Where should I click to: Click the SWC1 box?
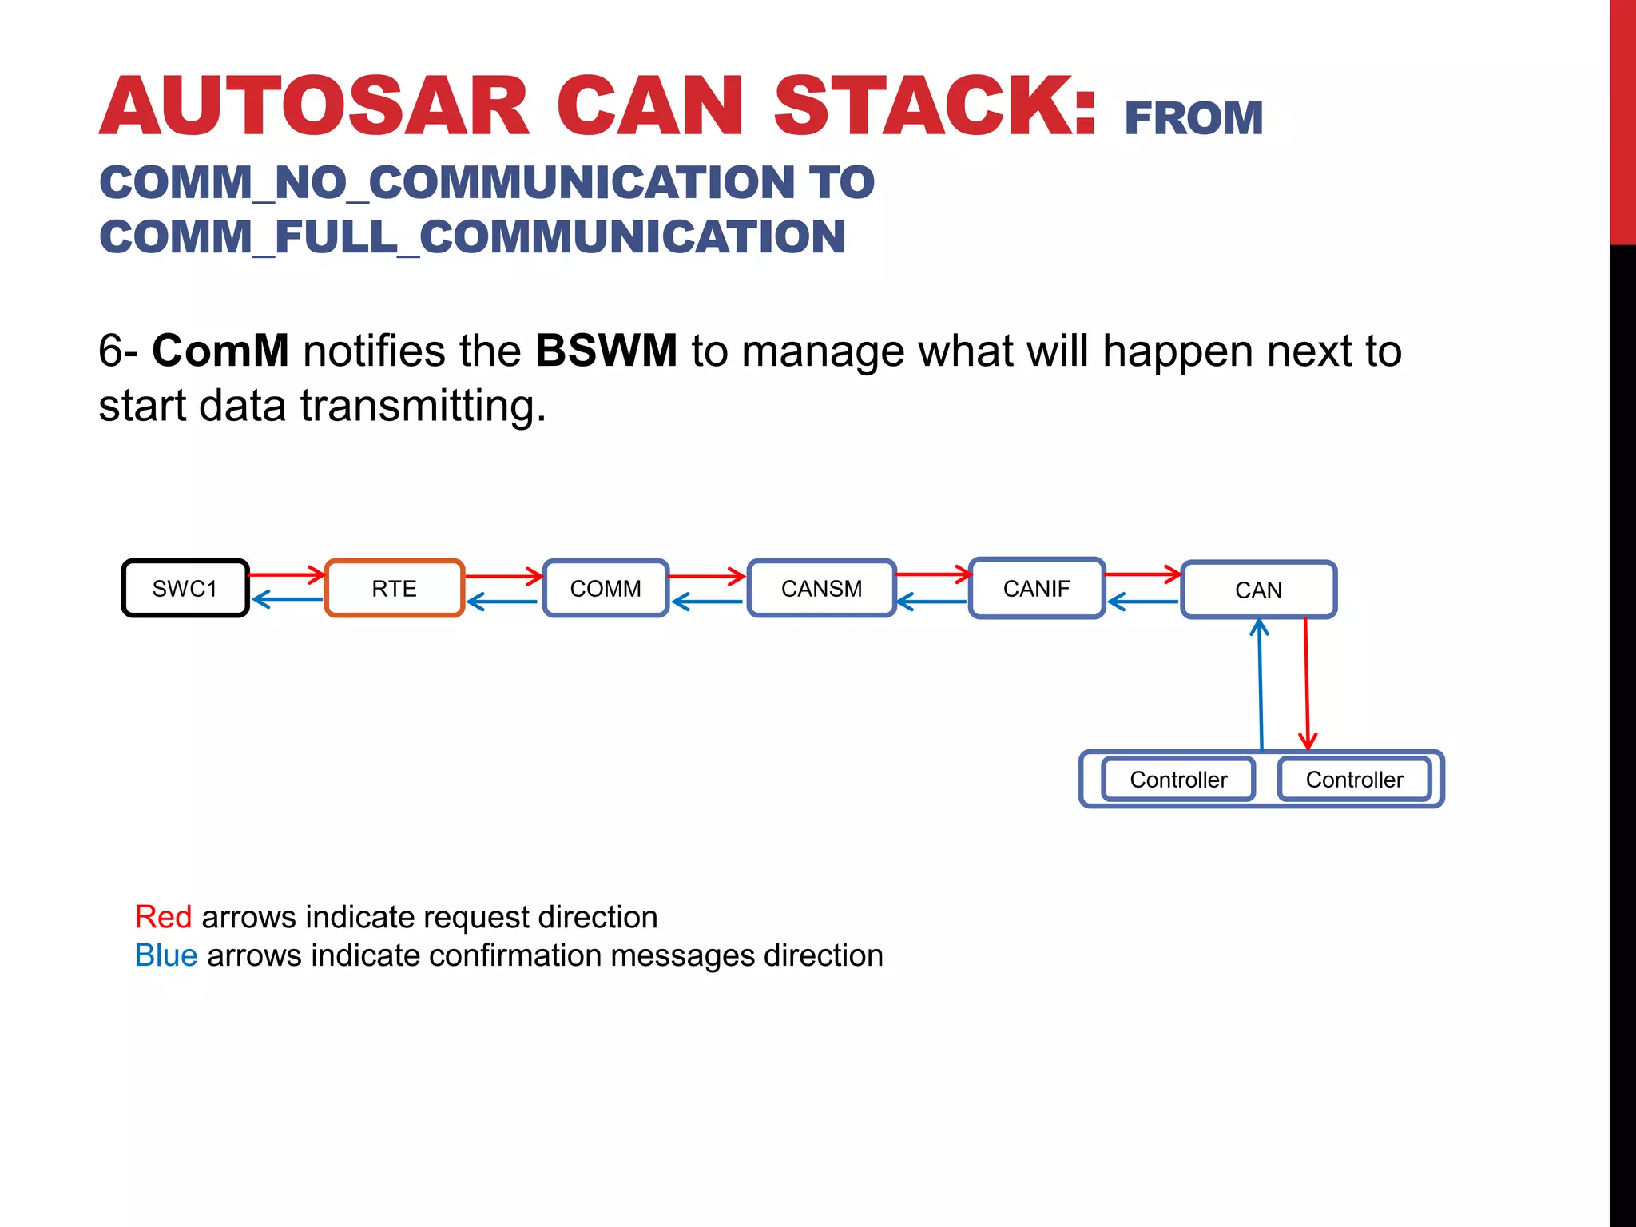pyautogui.click(x=185, y=589)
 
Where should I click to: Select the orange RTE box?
pyautogui.click(x=394, y=589)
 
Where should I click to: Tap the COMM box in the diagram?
pyautogui.click(x=606, y=589)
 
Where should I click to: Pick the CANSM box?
pyautogui.click(x=821, y=589)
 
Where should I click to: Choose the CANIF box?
pyautogui.click(x=1036, y=589)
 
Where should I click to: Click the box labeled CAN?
pyautogui.click(x=1258, y=590)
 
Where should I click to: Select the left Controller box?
pyautogui.click(x=1178, y=780)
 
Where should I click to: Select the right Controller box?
pyautogui.click(x=1354, y=780)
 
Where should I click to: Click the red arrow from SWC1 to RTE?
pyautogui.click(x=286, y=574)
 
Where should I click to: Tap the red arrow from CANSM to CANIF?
pyautogui.click(x=932, y=574)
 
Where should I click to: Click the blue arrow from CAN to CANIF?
pyautogui.click(x=1142, y=602)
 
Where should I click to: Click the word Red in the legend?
pyautogui.click(x=163, y=917)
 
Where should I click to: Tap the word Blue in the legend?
pyautogui.click(x=166, y=955)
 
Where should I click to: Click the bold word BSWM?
pyautogui.click(x=606, y=351)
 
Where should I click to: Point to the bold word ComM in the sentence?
pyautogui.click(x=220, y=351)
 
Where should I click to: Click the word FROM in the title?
pyautogui.click(x=1193, y=119)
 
